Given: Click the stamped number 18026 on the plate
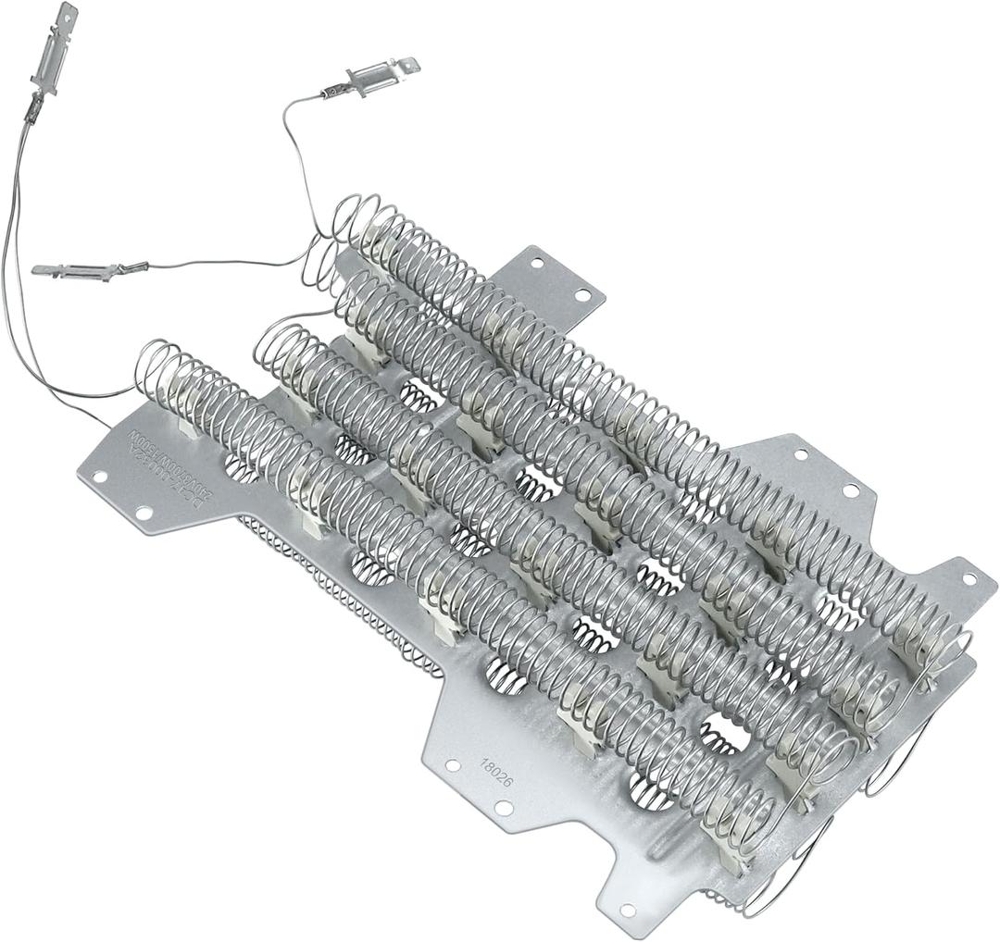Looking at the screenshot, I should point(496,774).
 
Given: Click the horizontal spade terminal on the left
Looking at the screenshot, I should point(78,271).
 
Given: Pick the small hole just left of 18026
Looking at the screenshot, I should point(453,765).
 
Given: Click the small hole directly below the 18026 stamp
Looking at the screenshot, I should point(504,808).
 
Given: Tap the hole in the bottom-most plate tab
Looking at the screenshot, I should point(628,911).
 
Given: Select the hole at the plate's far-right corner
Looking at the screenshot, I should point(969,579).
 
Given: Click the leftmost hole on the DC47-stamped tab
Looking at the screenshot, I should point(99,477).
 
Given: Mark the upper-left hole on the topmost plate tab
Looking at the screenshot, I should point(536,263).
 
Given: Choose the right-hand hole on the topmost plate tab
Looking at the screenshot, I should point(581,295).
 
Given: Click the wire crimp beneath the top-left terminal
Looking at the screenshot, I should point(34,109).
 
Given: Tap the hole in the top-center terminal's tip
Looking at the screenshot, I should point(405,65).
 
